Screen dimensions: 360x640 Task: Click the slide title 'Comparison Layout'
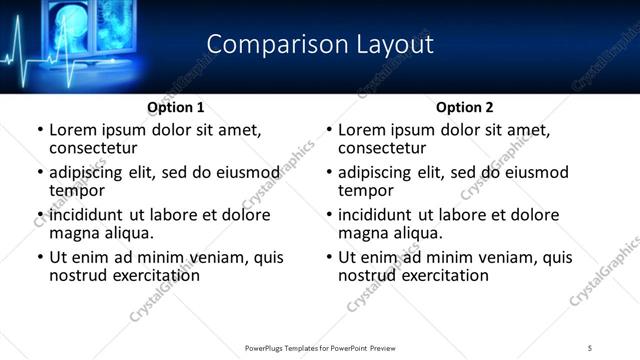(320, 45)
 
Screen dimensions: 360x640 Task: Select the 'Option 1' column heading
(175, 107)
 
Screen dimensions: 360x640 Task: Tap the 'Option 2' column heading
(465, 107)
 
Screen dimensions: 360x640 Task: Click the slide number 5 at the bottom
(591, 347)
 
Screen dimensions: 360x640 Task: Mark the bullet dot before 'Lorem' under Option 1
(38, 130)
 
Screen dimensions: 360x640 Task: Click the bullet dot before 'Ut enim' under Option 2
(328, 257)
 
